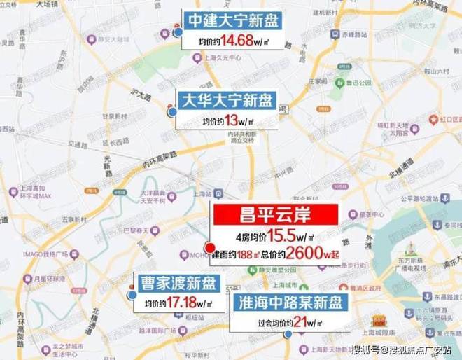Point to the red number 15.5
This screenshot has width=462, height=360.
click(288, 237)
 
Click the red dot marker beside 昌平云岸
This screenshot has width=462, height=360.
click(209, 247)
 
